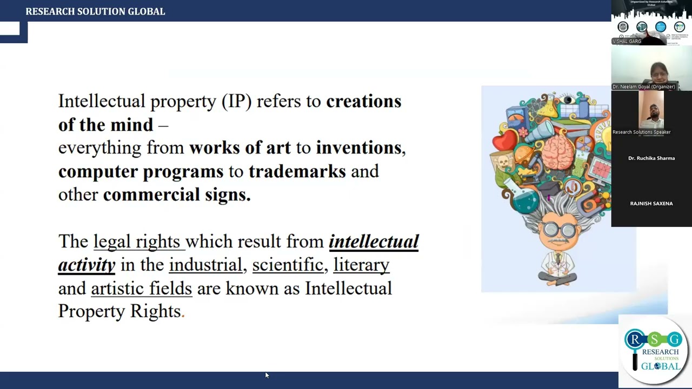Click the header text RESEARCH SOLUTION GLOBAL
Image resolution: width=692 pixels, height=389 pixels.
(x=95, y=11)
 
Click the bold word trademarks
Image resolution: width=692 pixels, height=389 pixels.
(x=297, y=171)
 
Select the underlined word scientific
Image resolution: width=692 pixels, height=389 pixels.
(x=288, y=265)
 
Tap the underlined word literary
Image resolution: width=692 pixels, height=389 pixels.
(x=361, y=265)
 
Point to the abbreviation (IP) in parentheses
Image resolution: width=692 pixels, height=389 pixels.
(x=237, y=102)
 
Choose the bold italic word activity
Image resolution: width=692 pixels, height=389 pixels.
(x=86, y=265)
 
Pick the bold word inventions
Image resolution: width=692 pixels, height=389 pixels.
(x=359, y=147)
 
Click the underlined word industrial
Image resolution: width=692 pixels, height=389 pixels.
(x=205, y=265)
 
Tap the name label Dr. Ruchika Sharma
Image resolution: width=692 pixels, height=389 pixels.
(x=651, y=158)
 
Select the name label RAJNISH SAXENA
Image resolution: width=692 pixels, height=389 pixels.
(x=651, y=204)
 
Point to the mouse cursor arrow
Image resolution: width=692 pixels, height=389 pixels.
(x=267, y=374)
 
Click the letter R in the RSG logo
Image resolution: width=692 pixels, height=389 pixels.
(x=635, y=339)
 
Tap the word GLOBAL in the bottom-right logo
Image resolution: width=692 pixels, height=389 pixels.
(x=660, y=366)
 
